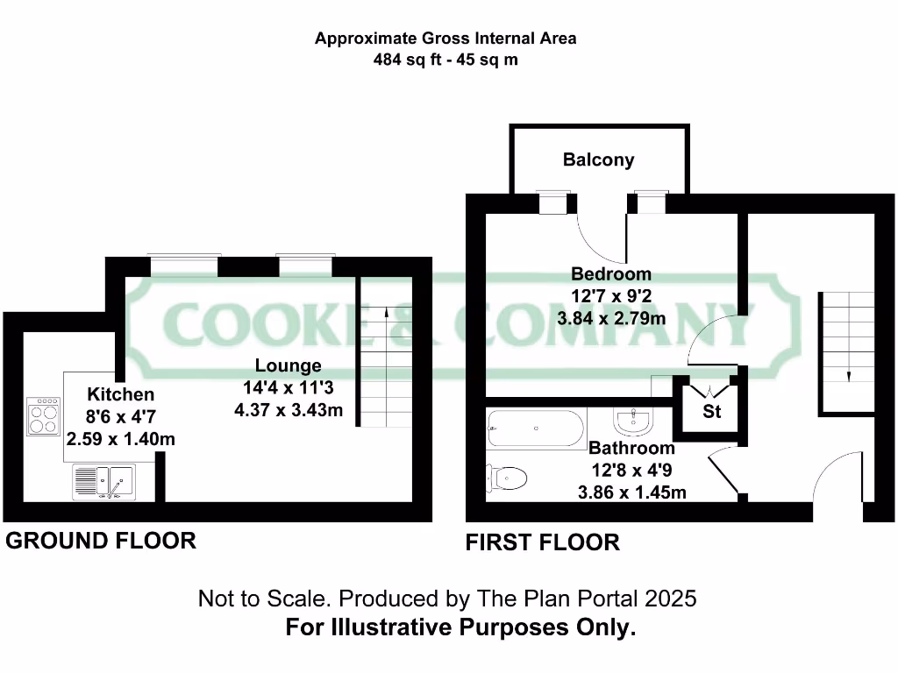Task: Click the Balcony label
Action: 598,159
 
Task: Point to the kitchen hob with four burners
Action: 44,416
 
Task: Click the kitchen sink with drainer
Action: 103,481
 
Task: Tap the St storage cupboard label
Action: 711,410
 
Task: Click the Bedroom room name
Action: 611,273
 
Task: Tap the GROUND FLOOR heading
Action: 101,541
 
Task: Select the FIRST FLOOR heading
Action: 542,543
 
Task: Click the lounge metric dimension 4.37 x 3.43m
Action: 288,409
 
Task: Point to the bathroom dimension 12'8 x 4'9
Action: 631,471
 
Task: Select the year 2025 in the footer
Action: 670,599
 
